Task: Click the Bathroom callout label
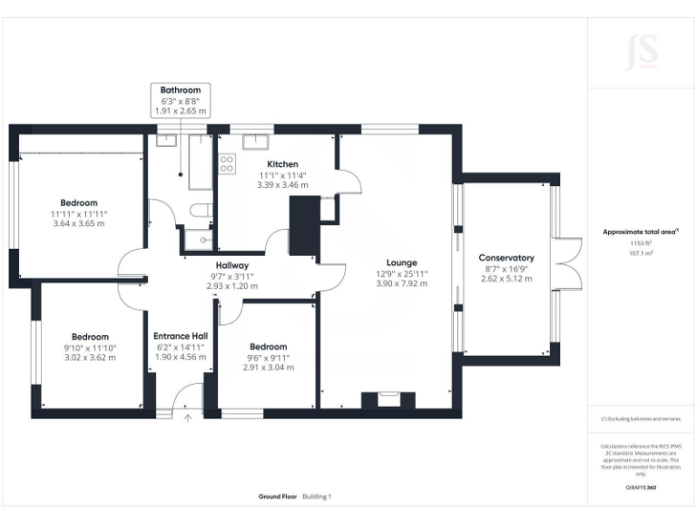click(x=181, y=90)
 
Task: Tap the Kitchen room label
click(x=282, y=163)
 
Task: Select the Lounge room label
click(x=402, y=262)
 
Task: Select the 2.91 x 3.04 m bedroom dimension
click(x=269, y=368)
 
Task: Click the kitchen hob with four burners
click(x=227, y=164)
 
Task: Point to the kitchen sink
click(x=255, y=139)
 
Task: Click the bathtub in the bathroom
click(x=200, y=163)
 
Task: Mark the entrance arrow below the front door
click(x=189, y=419)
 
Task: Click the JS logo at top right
click(x=642, y=52)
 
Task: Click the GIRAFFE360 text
click(x=641, y=488)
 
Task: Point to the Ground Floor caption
click(x=277, y=497)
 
